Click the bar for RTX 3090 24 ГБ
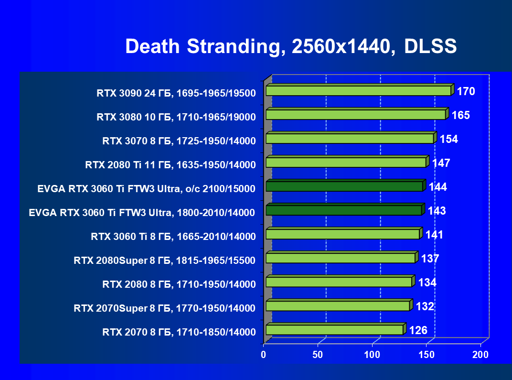[x=358, y=91]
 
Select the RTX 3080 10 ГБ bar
[x=356, y=115]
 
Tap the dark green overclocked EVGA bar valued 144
[x=344, y=186]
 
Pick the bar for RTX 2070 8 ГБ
[x=335, y=330]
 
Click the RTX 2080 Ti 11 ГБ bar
[x=346, y=163]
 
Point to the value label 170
[x=466, y=91]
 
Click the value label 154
[x=448, y=139]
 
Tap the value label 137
[x=430, y=259]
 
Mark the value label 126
[x=418, y=330]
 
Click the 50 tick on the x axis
[x=318, y=355]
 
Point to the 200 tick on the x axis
[x=480, y=355]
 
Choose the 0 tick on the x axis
[x=263, y=355]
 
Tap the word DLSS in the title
[x=430, y=46]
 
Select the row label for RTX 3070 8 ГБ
[x=179, y=141]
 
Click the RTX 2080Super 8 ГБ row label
[x=165, y=261]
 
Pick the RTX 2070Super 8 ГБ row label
[x=165, y=308]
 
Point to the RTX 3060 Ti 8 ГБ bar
[x=342, y=234]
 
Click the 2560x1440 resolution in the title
[x=338, y=46]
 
